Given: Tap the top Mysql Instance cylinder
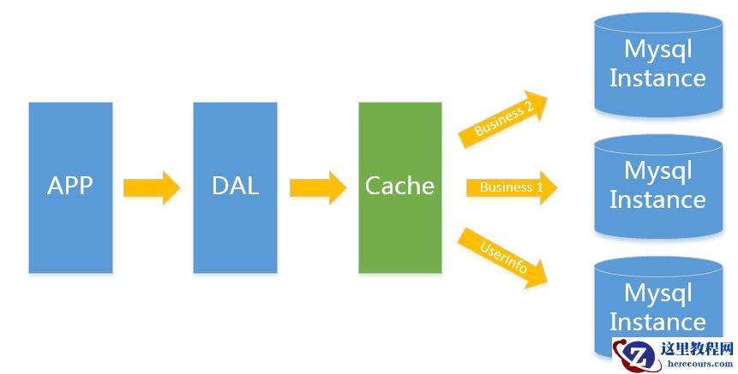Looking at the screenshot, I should (657, 64).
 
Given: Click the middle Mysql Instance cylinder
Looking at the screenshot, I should (657, 186).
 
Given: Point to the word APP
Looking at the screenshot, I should (70, 186).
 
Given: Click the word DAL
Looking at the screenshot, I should (235, 186).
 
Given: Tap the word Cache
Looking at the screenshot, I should (399, 186).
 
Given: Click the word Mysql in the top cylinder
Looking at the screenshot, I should (657, 49).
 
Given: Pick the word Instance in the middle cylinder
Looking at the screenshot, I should (657, 200).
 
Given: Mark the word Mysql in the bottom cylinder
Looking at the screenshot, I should (657, 293).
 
